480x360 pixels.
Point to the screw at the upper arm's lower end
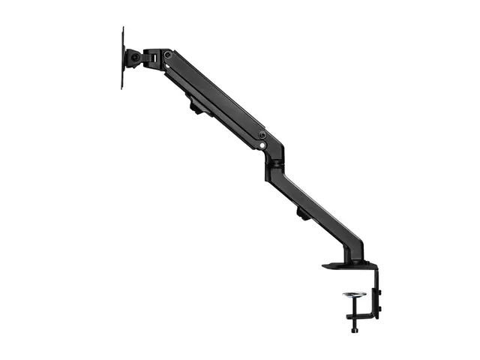tap(262, 135)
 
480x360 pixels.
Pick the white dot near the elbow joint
tap(262, 145)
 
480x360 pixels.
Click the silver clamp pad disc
tap(354, 295)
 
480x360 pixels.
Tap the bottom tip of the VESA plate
tap(123, 87)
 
